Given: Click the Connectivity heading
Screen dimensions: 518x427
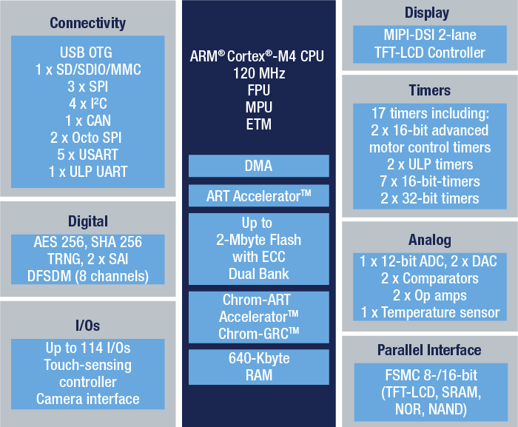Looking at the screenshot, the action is click(87, 23).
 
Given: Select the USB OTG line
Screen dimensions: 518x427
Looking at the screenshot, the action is click(86, 53).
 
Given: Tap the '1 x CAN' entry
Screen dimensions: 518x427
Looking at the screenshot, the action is click(88, 121).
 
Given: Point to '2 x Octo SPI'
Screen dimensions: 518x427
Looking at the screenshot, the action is click(86, 138).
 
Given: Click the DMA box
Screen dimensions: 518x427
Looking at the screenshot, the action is click(259, 166).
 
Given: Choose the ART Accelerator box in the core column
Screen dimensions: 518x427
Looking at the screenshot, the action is click(259, 195).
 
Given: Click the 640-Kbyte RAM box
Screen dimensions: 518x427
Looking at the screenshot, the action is click(259, 367).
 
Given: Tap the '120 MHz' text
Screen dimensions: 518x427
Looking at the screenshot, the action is click(259, 73).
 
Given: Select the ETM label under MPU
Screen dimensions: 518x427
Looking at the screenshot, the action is click(259, 124).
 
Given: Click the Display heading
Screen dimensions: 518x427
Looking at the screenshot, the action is click(427, 13).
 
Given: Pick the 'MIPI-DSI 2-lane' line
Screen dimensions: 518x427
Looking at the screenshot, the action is click(430, 35).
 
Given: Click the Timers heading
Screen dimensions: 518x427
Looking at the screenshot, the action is click(429, 90).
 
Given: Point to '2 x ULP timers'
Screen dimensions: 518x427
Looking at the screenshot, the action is click(430, 164).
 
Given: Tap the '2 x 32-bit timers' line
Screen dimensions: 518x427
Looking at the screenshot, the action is click(430, 198).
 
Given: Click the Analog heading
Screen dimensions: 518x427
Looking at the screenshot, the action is click(430, 240).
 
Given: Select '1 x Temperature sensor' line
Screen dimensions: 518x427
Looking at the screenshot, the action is click(430, 312).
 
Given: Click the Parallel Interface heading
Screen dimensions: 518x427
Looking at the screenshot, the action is click(429, 350).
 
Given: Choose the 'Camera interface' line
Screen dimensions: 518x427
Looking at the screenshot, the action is click(88, 399).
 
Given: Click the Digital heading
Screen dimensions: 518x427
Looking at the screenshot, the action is click(88, 221).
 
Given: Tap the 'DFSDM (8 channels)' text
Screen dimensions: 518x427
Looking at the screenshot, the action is click(88, 276).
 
